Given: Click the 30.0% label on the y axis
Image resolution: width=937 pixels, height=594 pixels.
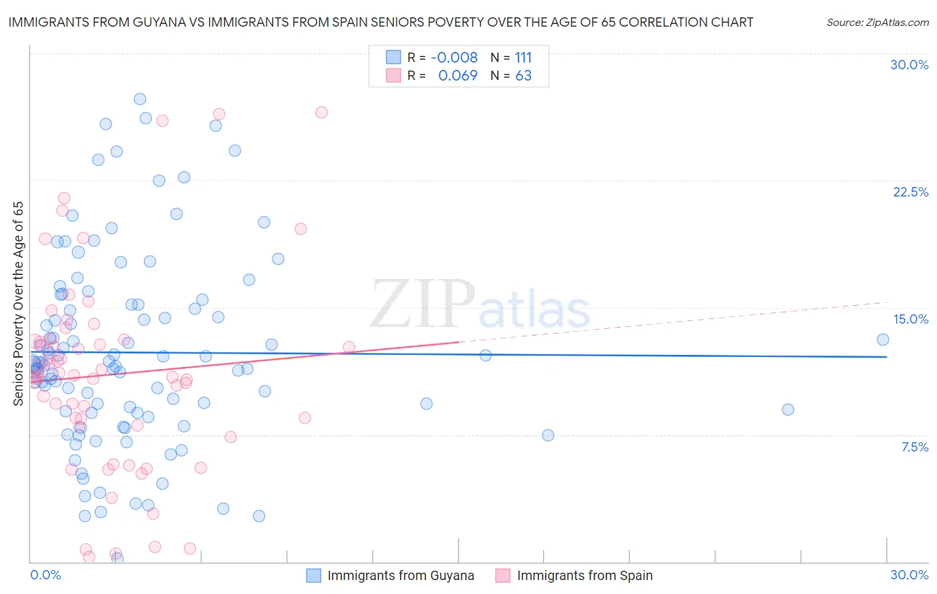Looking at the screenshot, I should point(909,65).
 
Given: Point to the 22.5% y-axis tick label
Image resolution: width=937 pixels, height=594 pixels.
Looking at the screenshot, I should point(910,192).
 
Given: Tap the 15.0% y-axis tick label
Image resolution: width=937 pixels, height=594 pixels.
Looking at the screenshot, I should point(910,319).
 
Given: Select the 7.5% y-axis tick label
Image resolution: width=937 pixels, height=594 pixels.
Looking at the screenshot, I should point(914,447).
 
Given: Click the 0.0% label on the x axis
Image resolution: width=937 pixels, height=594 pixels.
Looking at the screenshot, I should point(45,575).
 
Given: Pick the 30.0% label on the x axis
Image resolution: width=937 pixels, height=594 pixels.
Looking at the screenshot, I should point(909,575).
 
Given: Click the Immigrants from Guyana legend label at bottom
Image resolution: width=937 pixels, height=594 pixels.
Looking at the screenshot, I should point(401,575).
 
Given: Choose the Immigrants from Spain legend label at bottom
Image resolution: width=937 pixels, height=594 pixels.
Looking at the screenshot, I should point(584,575).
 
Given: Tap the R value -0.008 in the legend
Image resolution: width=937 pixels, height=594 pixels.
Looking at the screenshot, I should point(454,57).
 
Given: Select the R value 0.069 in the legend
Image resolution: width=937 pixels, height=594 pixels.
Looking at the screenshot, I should point(457,75).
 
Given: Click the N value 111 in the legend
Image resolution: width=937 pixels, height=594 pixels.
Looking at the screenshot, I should point(523,57).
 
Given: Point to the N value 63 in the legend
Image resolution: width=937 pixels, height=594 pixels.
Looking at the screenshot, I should point(523,75).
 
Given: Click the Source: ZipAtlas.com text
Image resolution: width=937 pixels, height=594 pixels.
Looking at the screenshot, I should point(877,22).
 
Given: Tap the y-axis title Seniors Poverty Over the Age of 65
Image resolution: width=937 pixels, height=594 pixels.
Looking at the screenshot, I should point(18,303).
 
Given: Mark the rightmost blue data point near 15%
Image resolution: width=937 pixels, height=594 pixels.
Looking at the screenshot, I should point(882,340).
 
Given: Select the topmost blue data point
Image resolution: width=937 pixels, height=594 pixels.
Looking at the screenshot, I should point(140,99).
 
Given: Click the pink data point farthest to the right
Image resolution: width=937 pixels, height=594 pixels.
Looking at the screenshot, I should point(349,347).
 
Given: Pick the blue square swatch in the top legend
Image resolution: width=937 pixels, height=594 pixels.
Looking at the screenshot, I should point(393,57).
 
